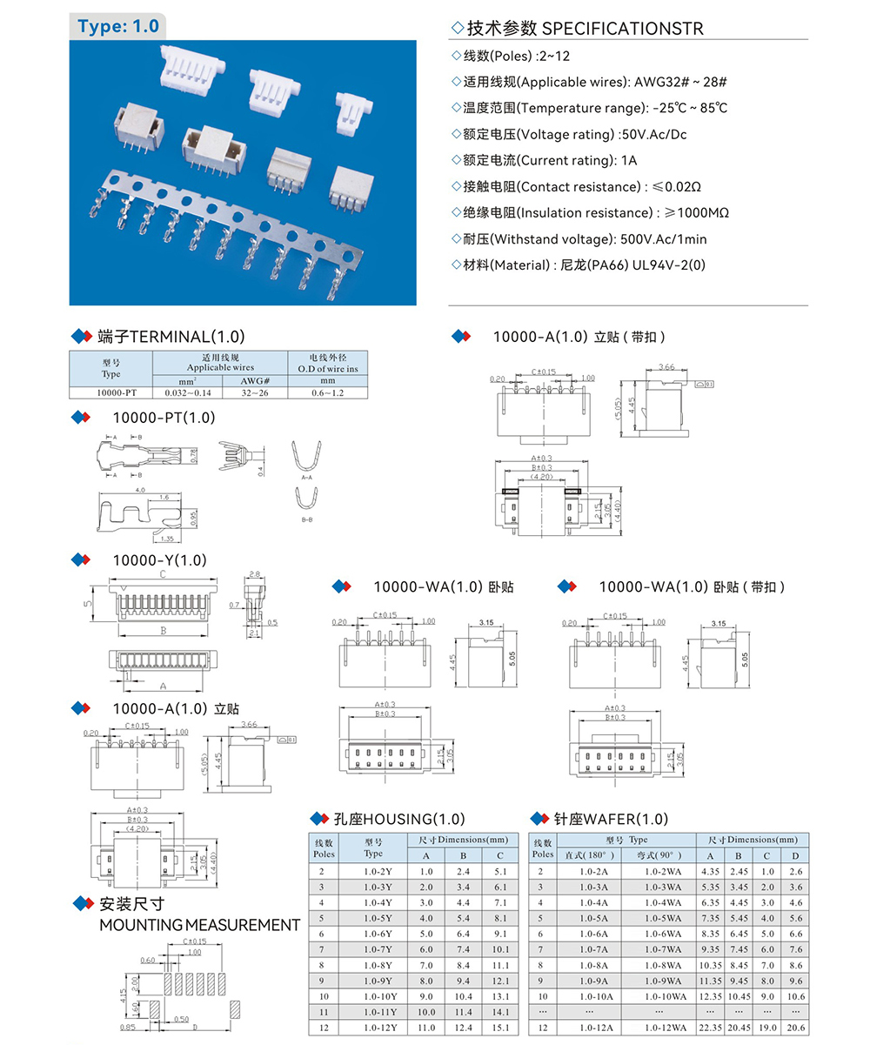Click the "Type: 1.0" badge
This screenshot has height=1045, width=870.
pos(118,26)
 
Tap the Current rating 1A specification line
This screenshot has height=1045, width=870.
pos(545,160)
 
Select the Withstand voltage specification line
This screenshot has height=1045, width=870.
pos(579,238)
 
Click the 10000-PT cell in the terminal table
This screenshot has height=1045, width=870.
pos(110,392)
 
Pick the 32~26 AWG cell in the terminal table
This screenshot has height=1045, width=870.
pos(255,392)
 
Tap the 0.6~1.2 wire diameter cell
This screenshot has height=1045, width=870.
pos(327,392)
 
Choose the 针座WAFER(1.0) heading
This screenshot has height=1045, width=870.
pos(610,819)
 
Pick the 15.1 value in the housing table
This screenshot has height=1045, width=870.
pos(499,1028)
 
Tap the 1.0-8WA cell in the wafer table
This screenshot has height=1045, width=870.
pos(663,965)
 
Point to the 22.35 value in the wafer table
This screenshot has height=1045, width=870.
pos(710,1028)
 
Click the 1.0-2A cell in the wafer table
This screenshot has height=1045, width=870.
pos(593,871)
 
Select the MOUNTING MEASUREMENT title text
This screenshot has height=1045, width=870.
pos(199,924)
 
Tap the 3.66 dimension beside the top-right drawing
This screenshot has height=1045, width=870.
pos(666,367)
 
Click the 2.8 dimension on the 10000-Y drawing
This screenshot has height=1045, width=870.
pos(254,575)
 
